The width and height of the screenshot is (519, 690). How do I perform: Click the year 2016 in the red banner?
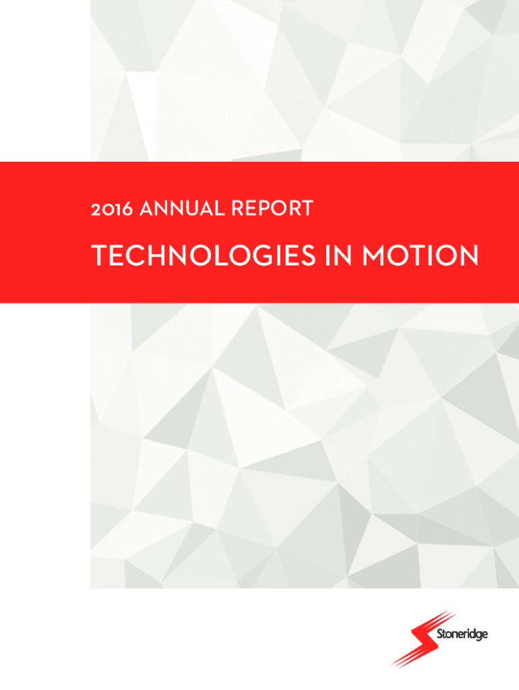coord(111,209)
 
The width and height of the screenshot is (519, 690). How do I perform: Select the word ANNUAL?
coord(182,208)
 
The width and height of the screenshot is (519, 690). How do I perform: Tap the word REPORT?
coord(272,208)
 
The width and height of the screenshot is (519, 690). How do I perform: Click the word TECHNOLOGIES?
coord(204,255)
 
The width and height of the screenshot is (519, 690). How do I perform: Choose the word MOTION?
coord(420,255)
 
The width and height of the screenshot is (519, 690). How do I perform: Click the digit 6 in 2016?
coord(127,209)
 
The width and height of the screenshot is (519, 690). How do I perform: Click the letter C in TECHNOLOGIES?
coord(135,255)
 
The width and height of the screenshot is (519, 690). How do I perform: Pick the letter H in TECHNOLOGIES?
coord(158,255)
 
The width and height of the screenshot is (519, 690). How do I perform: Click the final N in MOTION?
coord(469,255)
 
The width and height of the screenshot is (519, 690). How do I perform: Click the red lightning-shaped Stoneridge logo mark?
coord(423,638)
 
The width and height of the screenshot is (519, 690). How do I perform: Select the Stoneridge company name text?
coord(462,635)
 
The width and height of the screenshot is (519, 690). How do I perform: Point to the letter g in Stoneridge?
coord(477,636)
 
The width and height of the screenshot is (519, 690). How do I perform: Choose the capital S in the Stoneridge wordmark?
coord(439,634)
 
